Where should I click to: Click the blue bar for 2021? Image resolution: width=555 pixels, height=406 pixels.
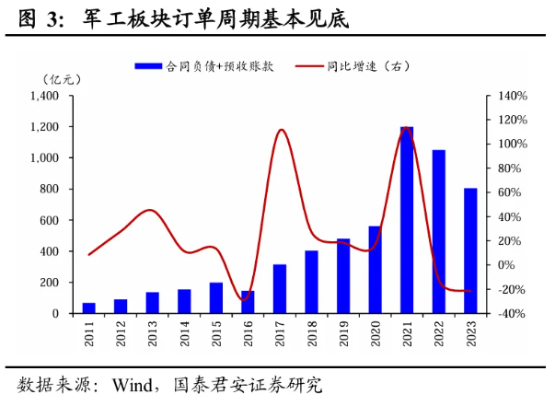coord(407,220)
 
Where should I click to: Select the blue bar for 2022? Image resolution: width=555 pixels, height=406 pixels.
coord(439,231)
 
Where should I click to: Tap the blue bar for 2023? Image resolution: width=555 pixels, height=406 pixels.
coord(470,250)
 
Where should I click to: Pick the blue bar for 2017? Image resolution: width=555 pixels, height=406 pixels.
coord(280,288)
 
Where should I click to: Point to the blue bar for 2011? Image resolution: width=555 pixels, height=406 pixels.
coord(89,307)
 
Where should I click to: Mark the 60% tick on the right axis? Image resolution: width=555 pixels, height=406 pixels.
coord(512,192)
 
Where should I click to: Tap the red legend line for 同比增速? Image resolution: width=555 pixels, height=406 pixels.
coord(311,66)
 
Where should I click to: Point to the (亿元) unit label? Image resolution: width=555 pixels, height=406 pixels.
coord(60,80)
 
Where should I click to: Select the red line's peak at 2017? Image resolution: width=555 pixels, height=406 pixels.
coord(281,130)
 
